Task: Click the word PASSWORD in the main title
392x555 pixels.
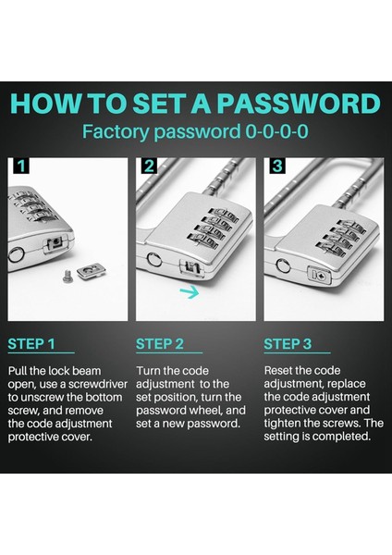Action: coord(299,104)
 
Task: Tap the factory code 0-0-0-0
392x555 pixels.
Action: coord(276,131)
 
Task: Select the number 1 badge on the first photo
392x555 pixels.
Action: coord(21,166)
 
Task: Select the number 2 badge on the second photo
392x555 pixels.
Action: coord(149,166)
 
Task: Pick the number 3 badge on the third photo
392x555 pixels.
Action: coord(277,166)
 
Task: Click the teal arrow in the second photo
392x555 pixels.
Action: coord(190,292)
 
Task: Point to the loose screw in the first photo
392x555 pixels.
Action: coord(67,277)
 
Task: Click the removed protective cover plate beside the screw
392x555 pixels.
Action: coord(92,271)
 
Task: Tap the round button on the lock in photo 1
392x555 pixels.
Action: coord(16,254)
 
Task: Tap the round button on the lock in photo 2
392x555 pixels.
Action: coord(153,259)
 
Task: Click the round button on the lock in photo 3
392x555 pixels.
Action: coord(284,265)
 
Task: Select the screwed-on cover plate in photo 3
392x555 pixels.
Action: coord(320,276)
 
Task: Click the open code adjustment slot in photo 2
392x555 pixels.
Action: coord(190,267)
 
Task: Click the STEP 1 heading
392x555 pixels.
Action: coord(31,344)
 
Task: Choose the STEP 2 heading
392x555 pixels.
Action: coord(160,344)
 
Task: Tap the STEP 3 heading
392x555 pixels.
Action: coord(288,344)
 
